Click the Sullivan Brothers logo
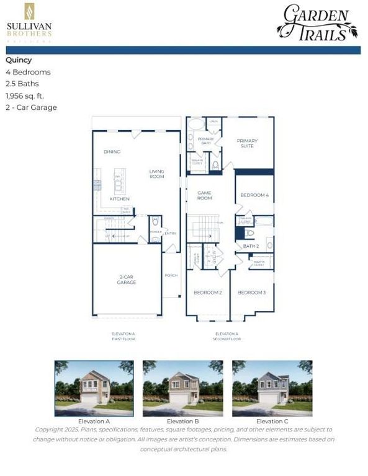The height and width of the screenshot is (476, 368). (x=29, y=23)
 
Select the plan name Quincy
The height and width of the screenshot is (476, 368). (x=19, y=60)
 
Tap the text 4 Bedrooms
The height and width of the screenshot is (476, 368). (x=29, y=72)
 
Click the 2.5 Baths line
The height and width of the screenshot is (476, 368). (x=22, y=84)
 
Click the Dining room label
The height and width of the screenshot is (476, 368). (x=112, y=152)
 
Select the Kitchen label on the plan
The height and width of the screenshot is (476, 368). (x=120, y=199)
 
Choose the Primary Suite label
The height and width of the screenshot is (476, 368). (x=247, y=143)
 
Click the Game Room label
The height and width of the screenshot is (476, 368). (x=205, y=195)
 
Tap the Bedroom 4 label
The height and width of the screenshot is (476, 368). (x=254, y=195)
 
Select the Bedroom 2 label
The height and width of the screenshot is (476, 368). (x=208, y=292)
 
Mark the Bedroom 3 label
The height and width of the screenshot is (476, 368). (x=252, y=292)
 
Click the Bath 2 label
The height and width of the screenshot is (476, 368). (x=251, y=246)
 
